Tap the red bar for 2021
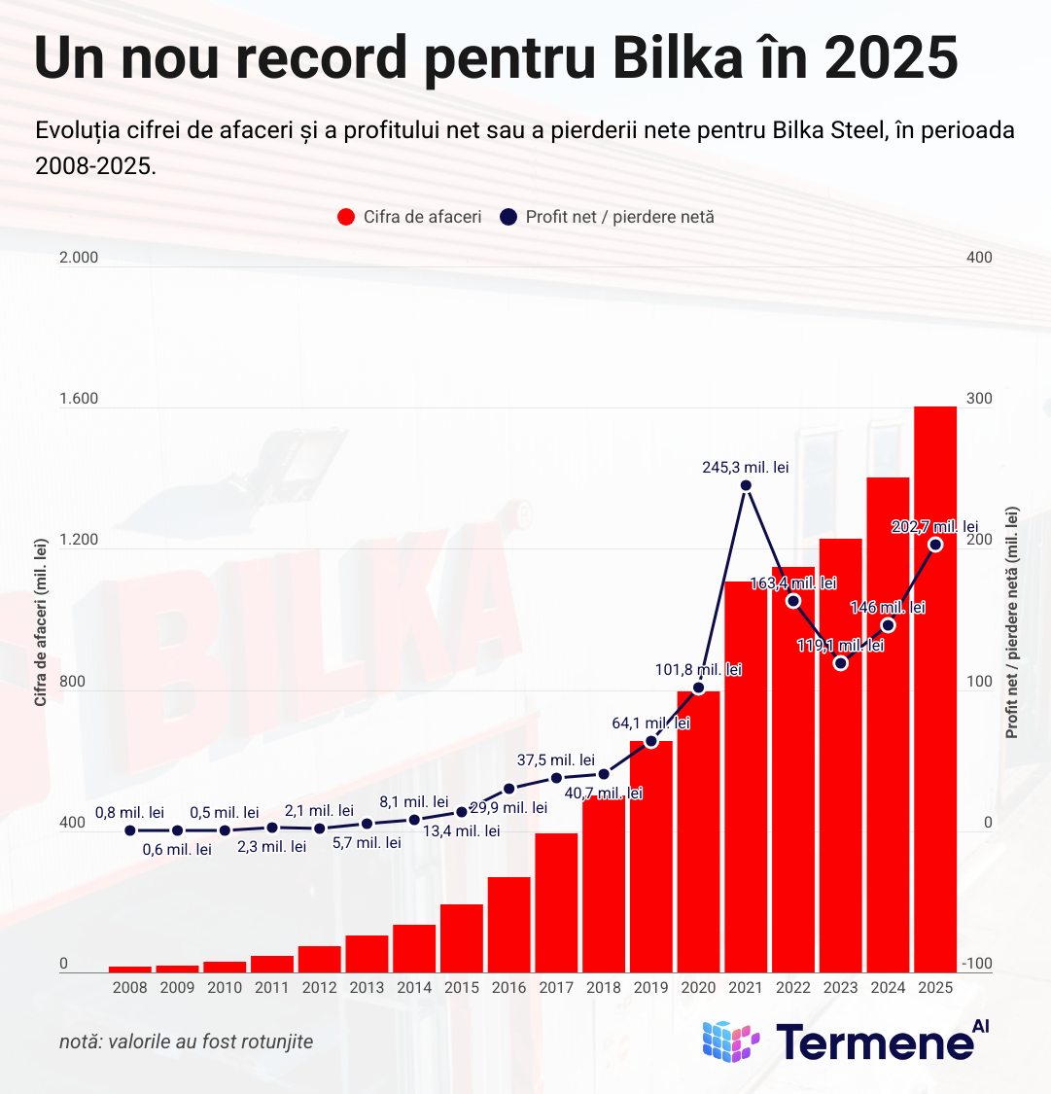[746, 778]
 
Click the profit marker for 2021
[746, 485]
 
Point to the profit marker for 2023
[841, 663]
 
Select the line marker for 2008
[130, 830]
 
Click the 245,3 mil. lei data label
[746, 467]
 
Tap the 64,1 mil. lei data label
[651, 723]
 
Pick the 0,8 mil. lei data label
[129, 812]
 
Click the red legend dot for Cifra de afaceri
[345, 217]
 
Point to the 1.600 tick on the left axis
[80, 399]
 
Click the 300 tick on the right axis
[979, 399]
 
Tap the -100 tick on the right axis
[976, 964]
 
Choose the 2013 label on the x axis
[367, 988]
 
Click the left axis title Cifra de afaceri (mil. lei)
[41, 623]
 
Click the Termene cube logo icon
[730, 1041]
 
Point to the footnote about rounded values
[187, 1041]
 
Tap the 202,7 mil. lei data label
[935, 526]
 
